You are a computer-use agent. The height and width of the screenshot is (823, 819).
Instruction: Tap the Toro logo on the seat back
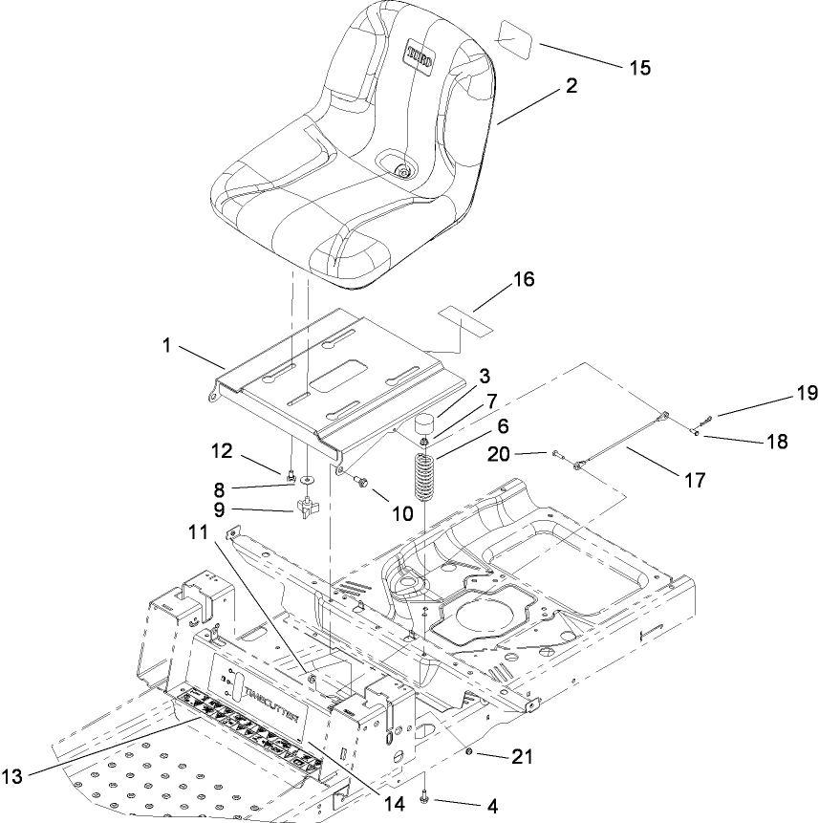[x=420, y=56]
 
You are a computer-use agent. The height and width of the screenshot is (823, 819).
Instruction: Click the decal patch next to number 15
[x=517, y=41]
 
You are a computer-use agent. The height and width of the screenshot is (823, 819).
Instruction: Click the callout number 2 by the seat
[x=571, y=86]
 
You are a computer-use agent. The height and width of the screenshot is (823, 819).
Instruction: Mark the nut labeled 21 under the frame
[x=471, y=755]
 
